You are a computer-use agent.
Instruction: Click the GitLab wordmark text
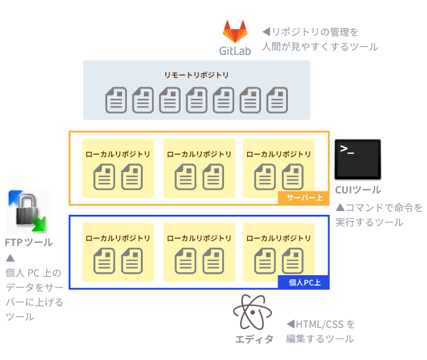click(x=235, y=51)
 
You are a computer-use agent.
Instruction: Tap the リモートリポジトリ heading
click(x=196, y=75)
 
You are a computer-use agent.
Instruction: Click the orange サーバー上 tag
click(x=304, y=198)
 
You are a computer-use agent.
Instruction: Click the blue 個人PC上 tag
click(x=304, y=283)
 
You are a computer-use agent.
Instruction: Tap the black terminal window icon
click(x=357, y=159)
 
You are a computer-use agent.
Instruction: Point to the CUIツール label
click(x=357, y=190)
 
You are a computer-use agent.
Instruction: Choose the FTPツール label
click(x=28, y=242)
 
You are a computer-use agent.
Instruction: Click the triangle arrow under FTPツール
click(x=10, y=257)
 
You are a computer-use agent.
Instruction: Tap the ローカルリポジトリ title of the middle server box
click(x=199, y=154)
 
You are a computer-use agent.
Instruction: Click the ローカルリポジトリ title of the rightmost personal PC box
click(x=279, y=238)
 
